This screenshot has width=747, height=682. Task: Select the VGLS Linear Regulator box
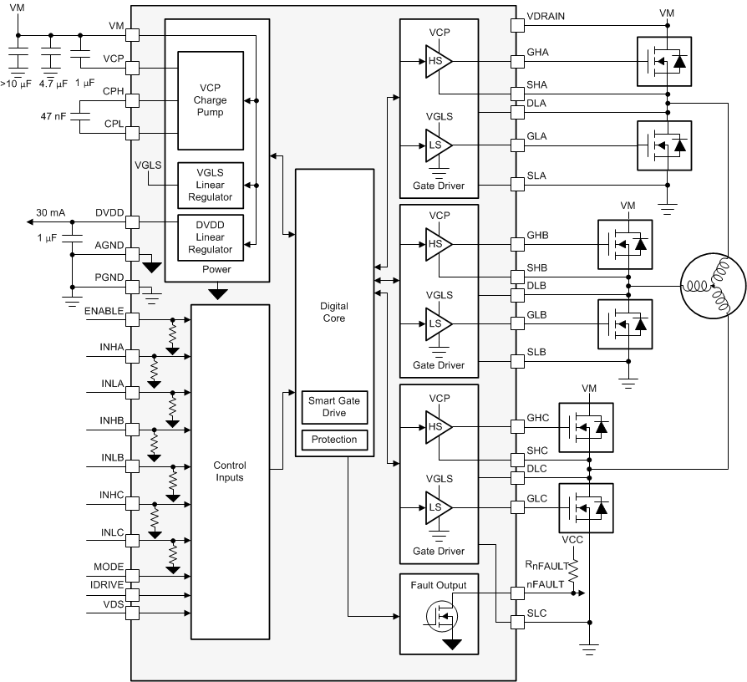coord(210,185)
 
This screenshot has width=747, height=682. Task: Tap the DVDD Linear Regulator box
coord(210,237)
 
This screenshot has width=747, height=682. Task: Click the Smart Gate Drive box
coord(333,407)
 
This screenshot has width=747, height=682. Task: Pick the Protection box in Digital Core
coord(333,440)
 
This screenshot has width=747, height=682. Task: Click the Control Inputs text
coord(230,471)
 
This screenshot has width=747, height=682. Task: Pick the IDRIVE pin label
coord(107,583)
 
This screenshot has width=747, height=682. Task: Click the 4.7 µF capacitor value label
coord(53,84)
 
